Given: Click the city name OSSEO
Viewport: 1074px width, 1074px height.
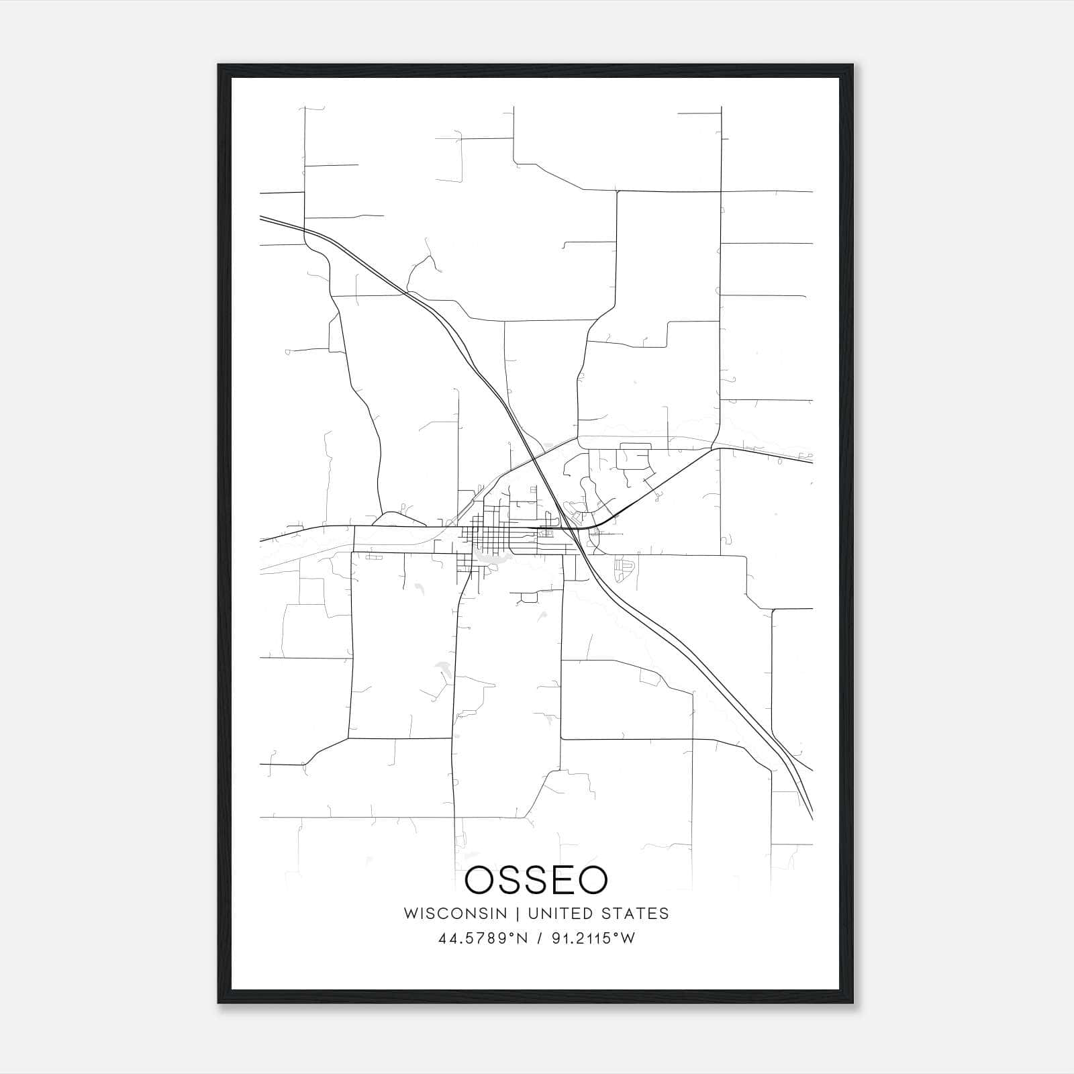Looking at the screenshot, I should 536,880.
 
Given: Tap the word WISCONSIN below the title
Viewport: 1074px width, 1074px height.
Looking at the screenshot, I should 455,914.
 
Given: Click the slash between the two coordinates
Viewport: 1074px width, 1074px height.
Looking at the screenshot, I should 538,938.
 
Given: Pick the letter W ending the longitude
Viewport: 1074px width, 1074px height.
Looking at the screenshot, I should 628,938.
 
